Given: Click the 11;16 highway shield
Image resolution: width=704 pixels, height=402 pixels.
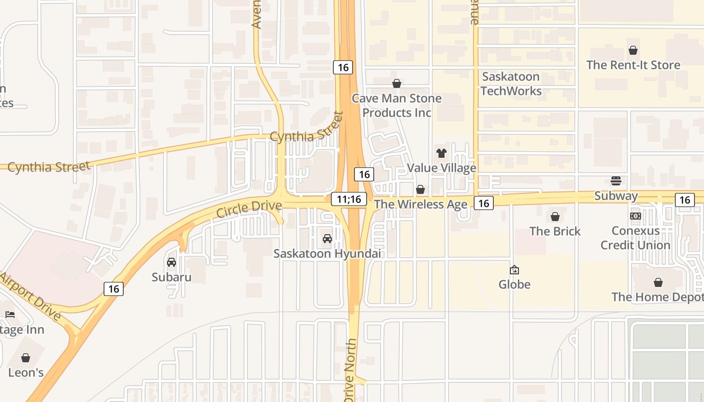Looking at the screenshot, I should [x=349, y=199].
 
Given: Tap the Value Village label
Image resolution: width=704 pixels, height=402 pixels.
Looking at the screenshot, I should [x=441, y=168].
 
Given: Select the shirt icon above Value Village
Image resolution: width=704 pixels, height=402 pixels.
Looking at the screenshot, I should [x=441, y=153].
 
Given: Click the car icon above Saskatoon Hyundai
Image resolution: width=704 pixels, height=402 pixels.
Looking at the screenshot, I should [x=327, y=239].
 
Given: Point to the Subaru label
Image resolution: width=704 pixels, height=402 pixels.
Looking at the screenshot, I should [x=171, y=277].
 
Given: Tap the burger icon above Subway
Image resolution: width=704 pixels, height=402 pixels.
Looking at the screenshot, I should [x=616, y=181].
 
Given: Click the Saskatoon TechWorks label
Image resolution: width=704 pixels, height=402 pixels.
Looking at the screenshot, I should [x=511, y=84].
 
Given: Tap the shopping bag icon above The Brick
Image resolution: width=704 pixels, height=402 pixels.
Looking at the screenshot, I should [x=555, y=217].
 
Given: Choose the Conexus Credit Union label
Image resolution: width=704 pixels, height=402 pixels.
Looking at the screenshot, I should [x=636, y=238].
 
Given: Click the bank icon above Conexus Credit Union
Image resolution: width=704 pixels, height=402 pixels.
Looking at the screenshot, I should [x=636, y=216].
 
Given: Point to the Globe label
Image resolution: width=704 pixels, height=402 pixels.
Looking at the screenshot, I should [x=514, y=284].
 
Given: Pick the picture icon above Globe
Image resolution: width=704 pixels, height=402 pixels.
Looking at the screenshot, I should [x=514, y=270].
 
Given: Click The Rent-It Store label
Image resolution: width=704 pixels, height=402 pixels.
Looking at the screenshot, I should [x=633, y=65].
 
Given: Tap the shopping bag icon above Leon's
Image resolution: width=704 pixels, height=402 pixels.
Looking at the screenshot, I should [x=26, y=358].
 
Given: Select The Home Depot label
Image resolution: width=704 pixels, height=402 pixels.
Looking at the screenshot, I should [x=657, y=297].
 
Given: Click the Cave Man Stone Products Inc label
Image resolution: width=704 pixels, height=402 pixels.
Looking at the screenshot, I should [x=397, y=106].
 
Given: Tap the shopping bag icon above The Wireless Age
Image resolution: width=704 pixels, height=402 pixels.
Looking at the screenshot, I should [x=420, y=189].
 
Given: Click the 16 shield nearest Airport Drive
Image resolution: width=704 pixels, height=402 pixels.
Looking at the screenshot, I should [x=114, y=288].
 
